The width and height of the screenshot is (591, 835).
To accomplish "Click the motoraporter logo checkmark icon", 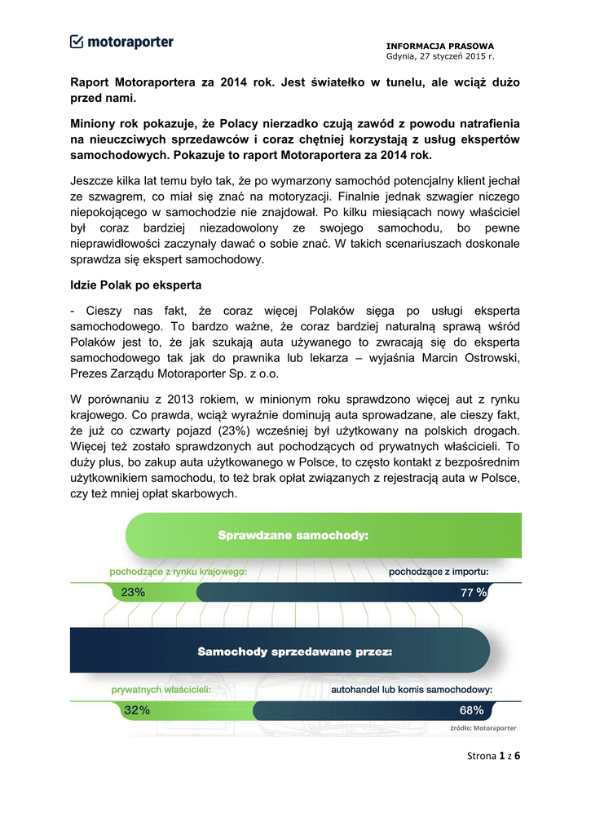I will tap(77, 42).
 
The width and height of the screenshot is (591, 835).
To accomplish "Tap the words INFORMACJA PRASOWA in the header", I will tap(440, 46).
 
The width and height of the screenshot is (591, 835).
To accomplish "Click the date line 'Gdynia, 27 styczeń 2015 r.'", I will tap(440, 56).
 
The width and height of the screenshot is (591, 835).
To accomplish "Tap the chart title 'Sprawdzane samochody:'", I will tap(293, 536).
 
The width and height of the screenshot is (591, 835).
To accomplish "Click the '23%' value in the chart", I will tap(133, 594).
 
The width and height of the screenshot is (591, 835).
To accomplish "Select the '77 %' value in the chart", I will tap(473, 594).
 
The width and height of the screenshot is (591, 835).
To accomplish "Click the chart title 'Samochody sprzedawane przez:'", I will tap(295, 652).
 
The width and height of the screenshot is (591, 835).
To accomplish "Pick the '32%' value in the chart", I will tap(136, 710).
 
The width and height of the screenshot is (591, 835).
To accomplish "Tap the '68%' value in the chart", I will tap(471, 710).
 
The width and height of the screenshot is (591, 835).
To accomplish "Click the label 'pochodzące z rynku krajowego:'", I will tap(179, 572).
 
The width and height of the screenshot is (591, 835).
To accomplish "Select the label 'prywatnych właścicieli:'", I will tap(161, 690).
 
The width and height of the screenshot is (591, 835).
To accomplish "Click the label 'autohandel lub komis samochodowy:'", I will tap(412, 690).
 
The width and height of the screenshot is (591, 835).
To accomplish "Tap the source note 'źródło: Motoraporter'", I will tap(483, 728).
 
